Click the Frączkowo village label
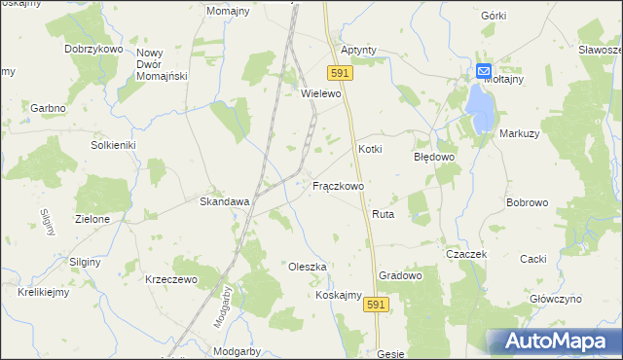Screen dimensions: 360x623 338,185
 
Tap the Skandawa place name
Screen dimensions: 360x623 225,201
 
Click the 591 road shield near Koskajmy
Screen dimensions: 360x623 379,305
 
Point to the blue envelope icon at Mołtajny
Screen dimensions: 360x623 484,71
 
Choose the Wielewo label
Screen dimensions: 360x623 323,93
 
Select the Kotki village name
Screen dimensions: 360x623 371,149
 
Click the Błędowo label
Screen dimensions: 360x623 434,156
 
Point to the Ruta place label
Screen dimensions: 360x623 382,213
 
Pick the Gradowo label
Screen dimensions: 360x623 400,275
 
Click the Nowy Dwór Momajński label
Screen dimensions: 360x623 162,64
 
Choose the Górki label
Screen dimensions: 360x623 494,16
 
